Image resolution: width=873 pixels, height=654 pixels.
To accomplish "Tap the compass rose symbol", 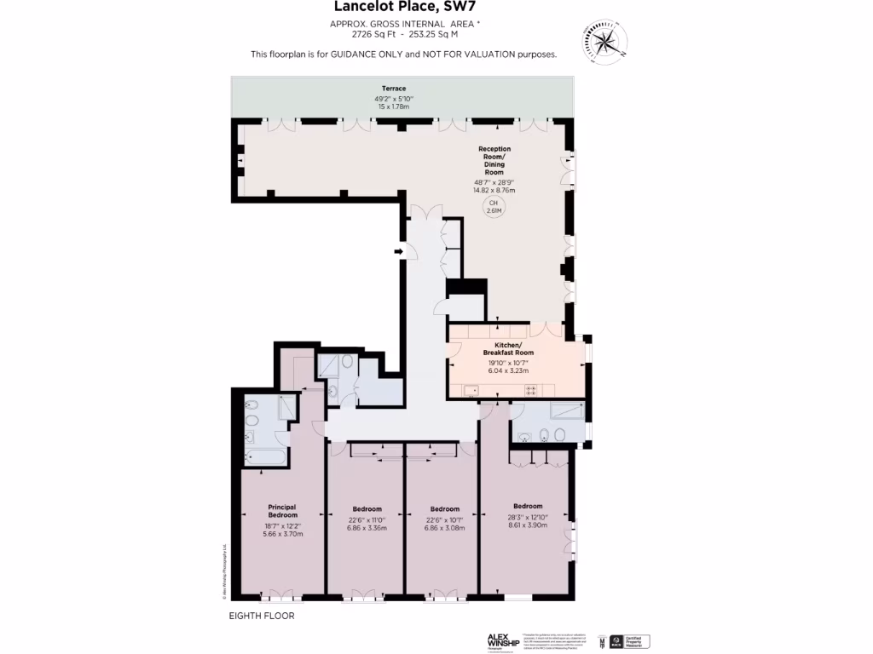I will pos(604,41).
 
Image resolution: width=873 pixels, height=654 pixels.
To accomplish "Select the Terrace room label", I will pos(393,89).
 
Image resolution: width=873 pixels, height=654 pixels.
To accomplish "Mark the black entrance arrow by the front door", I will pos(398,251).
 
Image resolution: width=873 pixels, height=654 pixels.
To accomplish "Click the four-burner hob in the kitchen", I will pos(530,390).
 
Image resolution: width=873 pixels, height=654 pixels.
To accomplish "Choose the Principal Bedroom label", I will pos(282,511).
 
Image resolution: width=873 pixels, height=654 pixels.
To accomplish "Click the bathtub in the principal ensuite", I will pos(264,458).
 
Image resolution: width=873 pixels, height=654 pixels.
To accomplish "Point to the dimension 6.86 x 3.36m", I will pos(367,528).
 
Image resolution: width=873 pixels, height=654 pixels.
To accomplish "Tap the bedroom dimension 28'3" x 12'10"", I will pos(528,516).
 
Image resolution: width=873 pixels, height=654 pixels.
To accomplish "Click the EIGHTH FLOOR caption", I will pos(262,616).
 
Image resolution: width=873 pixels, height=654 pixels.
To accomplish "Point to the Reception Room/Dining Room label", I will pos(494,161).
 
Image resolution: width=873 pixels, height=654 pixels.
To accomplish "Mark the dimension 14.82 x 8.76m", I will pos(494,190).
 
